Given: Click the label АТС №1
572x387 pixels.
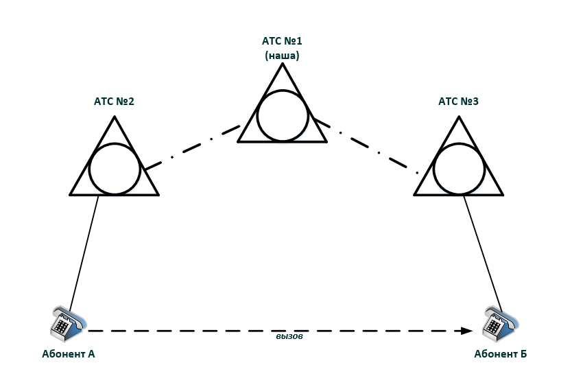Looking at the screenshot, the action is click(282, 41).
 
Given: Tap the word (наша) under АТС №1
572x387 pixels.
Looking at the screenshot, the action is click(282, 56).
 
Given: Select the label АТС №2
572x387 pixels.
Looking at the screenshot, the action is click(114, 101).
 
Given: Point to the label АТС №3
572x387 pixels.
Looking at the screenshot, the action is click(459, 101).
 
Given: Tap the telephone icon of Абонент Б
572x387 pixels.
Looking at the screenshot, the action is click(500, 323).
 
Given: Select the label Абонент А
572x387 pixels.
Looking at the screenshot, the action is click(68, 354).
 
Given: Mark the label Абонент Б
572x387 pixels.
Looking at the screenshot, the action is click(501, 354).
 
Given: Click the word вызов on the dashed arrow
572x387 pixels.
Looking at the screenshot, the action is click(289, 337).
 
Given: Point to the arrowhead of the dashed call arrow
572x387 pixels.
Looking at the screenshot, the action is click(467, 331).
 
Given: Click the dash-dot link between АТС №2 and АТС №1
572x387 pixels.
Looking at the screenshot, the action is click(193, 148).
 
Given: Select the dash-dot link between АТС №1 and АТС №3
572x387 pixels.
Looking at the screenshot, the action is click(366, 145).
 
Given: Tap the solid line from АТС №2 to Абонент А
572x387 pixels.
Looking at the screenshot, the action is click(84, 254).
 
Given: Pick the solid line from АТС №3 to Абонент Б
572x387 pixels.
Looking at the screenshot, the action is click(483, 254).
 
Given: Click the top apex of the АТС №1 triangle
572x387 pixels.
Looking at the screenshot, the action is click(283, 64).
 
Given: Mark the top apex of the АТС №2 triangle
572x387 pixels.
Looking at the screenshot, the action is click(115, 117).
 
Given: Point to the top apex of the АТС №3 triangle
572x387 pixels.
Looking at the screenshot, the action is click(459, 117).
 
